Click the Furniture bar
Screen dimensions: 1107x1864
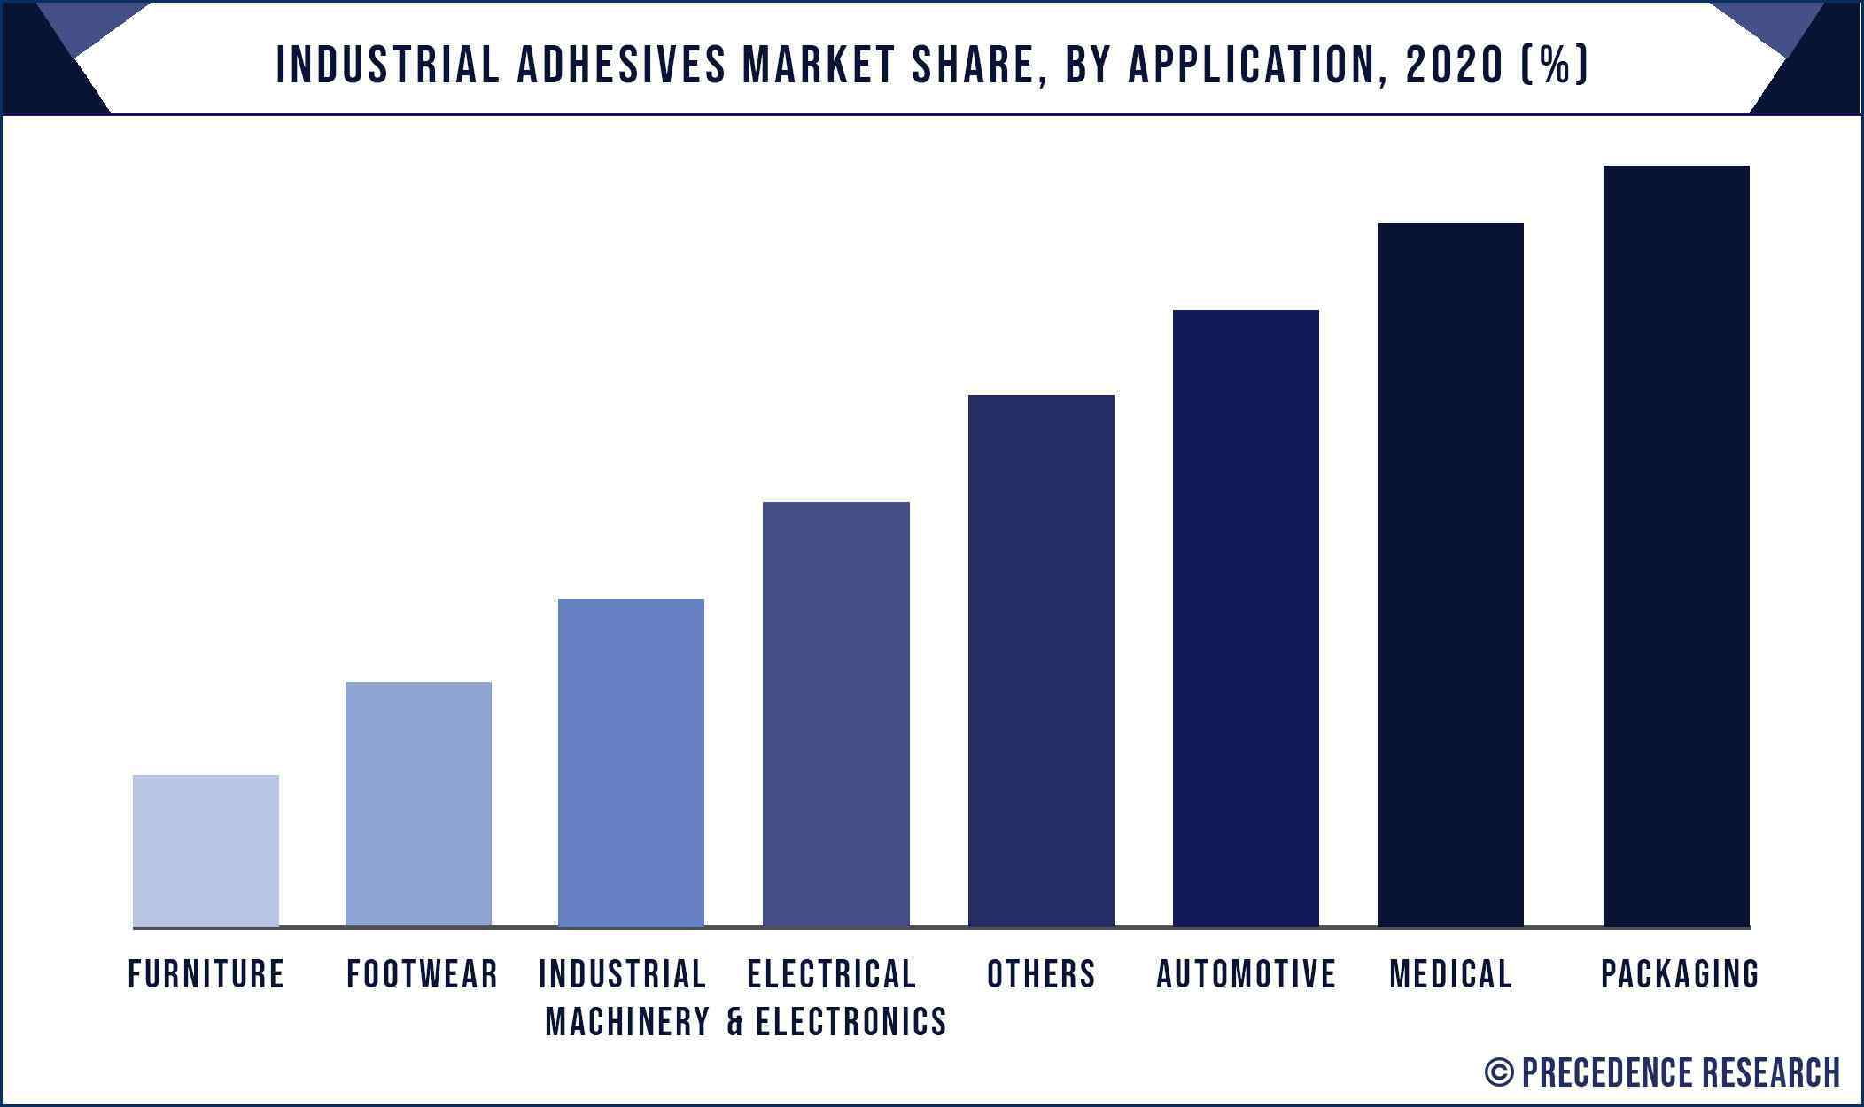(x=206, y=850)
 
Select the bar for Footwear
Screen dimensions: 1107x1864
(x=418, y=803)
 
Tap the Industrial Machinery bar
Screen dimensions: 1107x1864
(x=631, y=762)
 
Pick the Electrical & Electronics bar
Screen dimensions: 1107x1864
(x=835, y=714)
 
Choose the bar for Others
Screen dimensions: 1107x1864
(x=1041, y=660)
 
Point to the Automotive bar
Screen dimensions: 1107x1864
(x=1246, y=617)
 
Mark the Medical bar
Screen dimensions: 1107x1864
(x=1450, y=574)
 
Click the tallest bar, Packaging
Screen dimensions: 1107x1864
(x=1676, y=546)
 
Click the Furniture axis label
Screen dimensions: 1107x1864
(x=206, y=975)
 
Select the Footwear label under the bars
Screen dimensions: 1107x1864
(x=423, y=975)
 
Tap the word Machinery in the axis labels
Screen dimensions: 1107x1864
(x=628, y=1022)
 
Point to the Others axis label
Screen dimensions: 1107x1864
(x=1042, y=975)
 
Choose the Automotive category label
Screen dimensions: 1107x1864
(x=1247, y=975)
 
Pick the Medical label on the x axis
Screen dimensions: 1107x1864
(x=1451, y=975)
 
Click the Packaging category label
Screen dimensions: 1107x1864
(x=1680, y=975)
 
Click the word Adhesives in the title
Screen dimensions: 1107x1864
(x=621, y=65)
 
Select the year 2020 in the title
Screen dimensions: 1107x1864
(x=1454, y=65)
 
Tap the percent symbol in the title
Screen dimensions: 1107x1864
(x=1555, y=65)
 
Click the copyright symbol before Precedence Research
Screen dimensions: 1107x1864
(x=1499, y=1072)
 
